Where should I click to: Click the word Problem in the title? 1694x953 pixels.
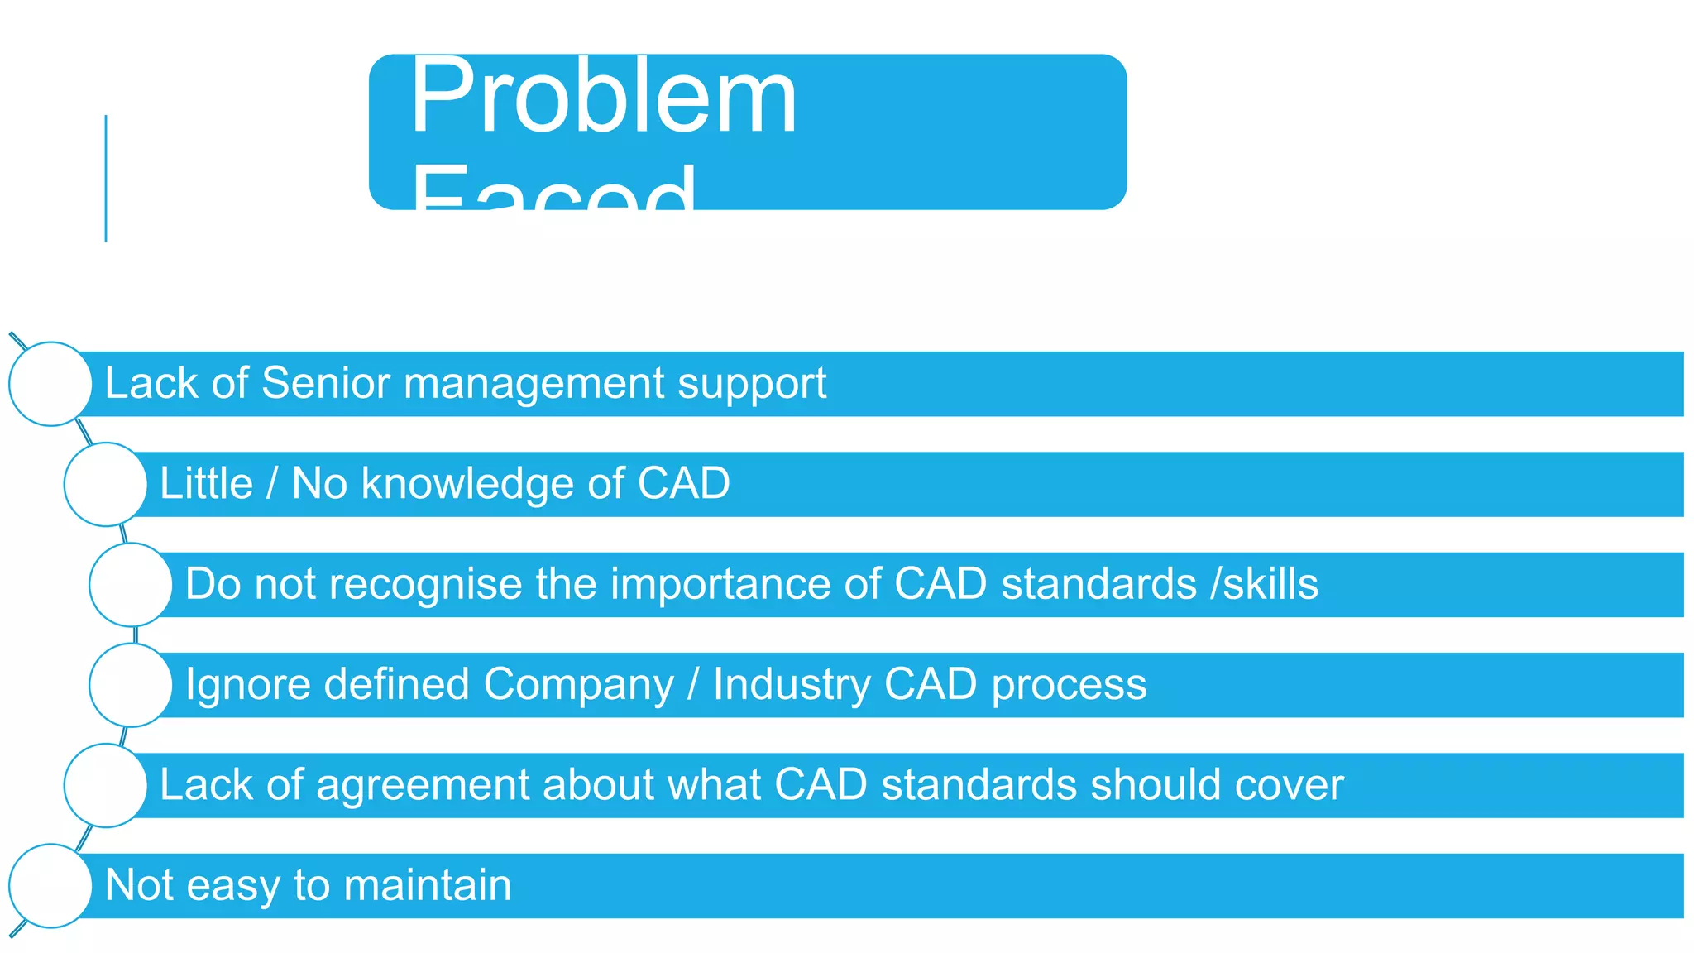pyautogui.click(x=604, y=98)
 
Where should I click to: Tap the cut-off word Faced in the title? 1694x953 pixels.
pyautogui.click(x=553, y=189)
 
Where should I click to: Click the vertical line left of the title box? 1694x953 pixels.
pyautogui.click(x=106, y=178)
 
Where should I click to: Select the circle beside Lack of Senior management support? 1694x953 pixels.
pyautogui.click(x=50, y=384)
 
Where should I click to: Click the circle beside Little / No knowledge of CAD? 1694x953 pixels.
pyautogui.click(x=105, y=485)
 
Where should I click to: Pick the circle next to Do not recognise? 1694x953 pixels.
pyautogui.click(x=130, y=585)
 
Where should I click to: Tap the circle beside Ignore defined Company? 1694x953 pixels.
pyautogui.click(x=130, y=685)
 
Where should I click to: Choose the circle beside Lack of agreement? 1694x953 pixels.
pyautogui.click(x=105, y=785)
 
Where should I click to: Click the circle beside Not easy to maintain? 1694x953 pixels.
pyautogui.click(x=50, y=886)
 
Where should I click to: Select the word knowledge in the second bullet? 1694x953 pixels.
pyautogui.click(x=467, y=485)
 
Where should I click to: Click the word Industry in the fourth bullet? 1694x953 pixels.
pyautogui.click(x=791, y=686)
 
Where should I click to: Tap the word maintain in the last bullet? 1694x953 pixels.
pyautogui.click(x=428, y=885)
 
